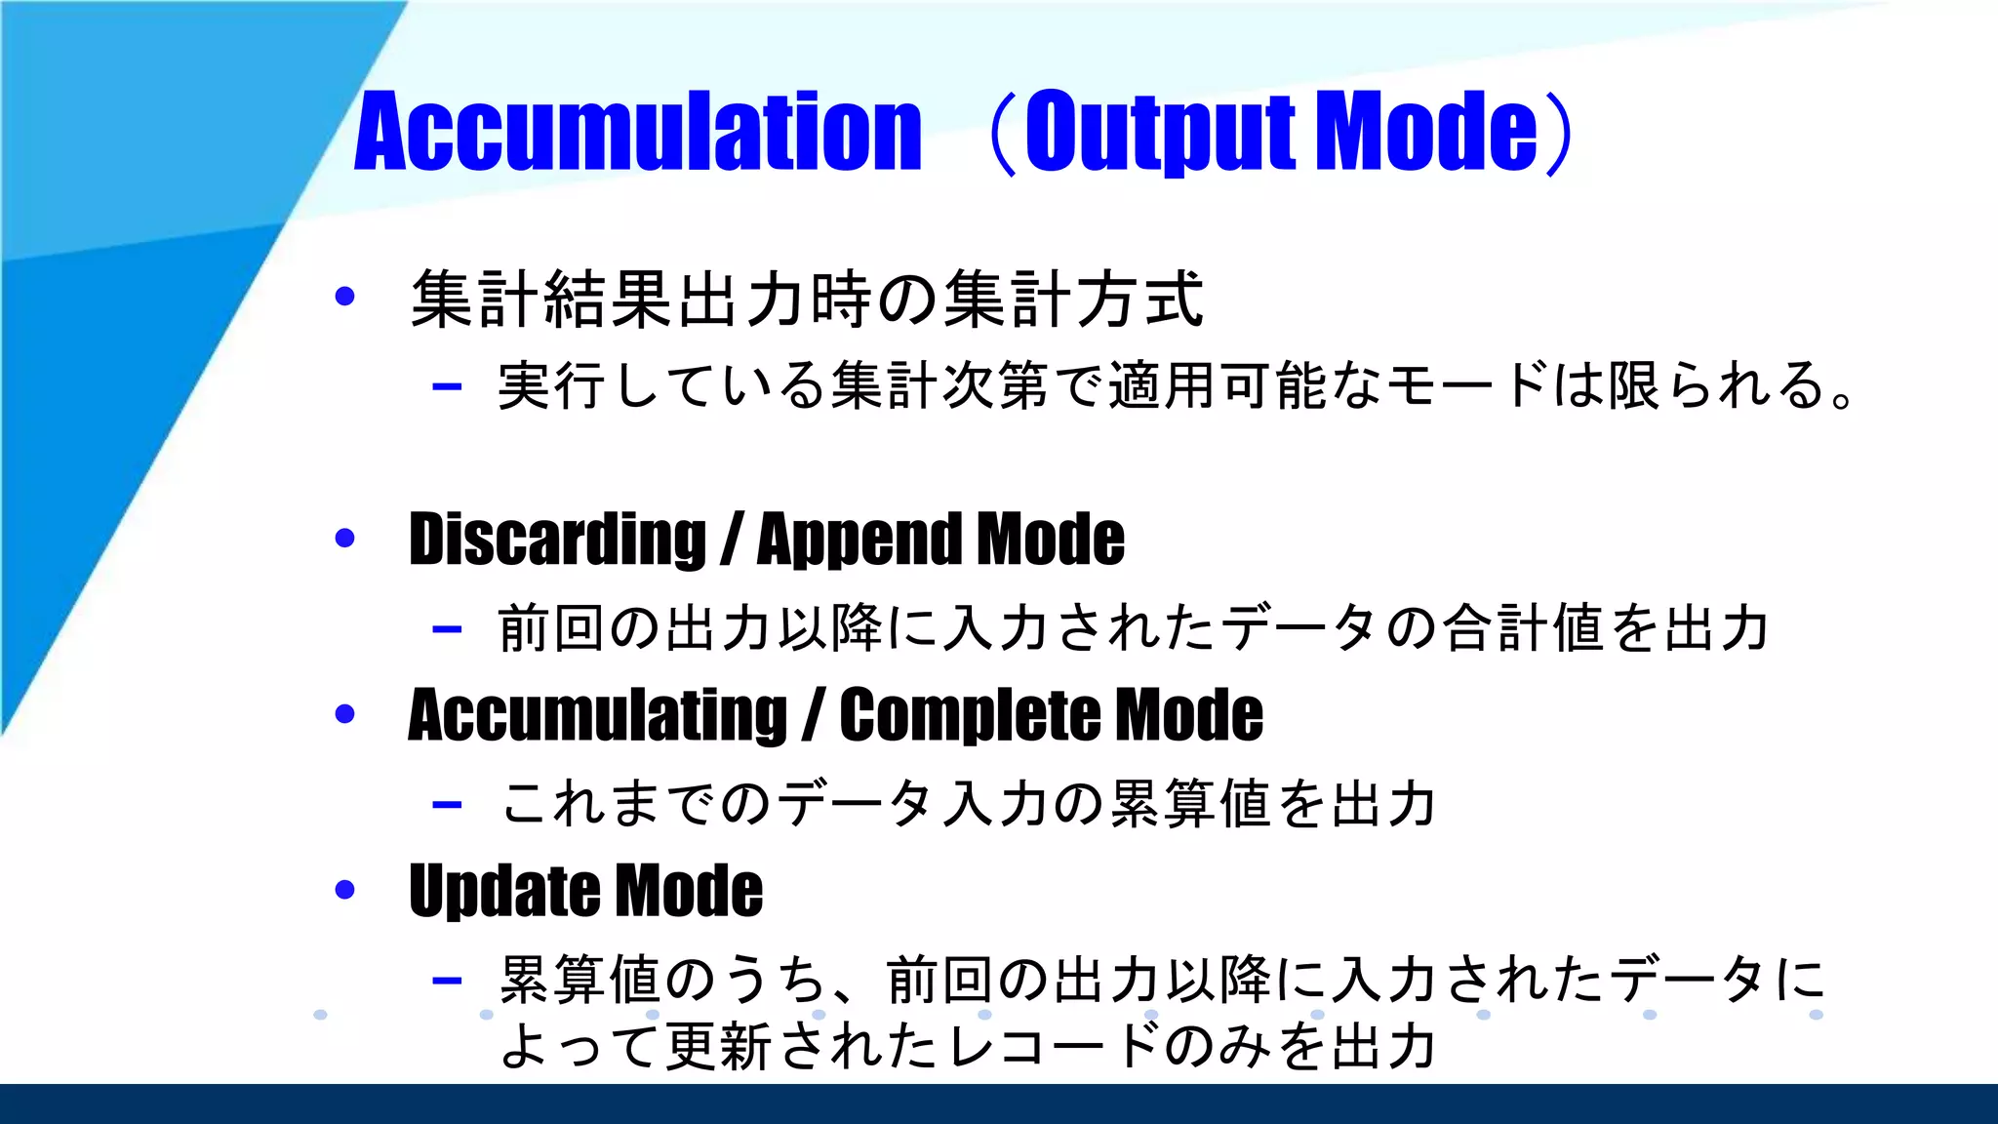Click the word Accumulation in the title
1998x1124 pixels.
tap(638, 132)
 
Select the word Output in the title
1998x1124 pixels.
tap(1160, 132)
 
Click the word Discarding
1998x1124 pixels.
tap(557, 540)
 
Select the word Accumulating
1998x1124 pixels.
tap(597, 715)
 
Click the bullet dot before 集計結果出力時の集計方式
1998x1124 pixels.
tap(344, 297)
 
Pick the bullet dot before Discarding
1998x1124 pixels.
tap(344, 538)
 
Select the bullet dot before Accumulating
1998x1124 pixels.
tap(344, 714)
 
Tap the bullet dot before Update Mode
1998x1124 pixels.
tap(344, 890)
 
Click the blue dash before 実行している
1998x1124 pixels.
tap(447, 387)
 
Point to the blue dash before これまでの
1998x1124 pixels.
tap(447, 805)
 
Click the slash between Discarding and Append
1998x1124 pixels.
tap(732, 540)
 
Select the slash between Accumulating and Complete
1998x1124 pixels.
tap(814, 715)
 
